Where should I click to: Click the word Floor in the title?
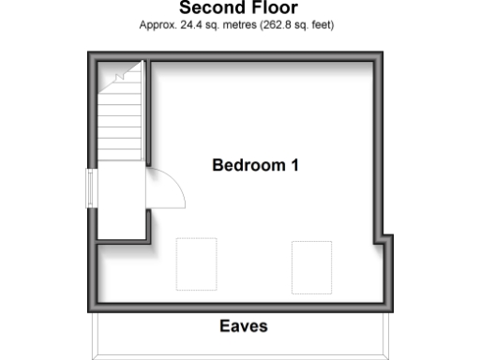pyautogui.click(x=273, y=8)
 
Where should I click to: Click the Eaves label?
pyautogui.click(x=244, y=326)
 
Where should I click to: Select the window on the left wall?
pyautogui.click(x=91, y=188)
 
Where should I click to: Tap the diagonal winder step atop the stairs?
pyautogui.click(x=120, y=73)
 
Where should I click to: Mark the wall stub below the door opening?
pyautogui.click(x=148, y=225)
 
